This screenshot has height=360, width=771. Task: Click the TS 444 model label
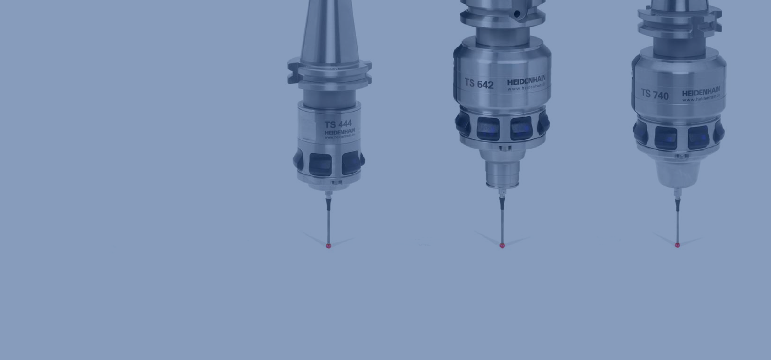(x=338, y=124)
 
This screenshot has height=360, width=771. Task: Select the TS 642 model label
(x=479, y=84)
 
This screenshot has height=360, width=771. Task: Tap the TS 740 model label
(x=654, y=94)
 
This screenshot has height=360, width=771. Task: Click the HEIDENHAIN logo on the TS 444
(x=340, y=132)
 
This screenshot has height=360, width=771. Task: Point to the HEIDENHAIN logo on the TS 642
(x=526, y=80)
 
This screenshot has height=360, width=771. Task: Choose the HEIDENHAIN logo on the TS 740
(x=701, y=92)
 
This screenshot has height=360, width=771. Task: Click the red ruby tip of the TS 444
(x=328, y=246)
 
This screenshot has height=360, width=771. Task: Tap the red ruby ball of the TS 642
(x=502, y=245)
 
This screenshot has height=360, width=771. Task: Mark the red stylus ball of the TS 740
(x=677, y=245)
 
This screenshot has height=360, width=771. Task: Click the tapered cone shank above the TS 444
(x=329, y=31)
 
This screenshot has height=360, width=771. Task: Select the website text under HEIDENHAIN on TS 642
(x=526, y=87)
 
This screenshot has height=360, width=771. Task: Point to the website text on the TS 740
(x=701, y=98)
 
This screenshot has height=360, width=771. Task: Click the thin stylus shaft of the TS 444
(x=328, y=226)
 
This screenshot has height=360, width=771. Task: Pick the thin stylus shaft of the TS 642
(x=502, y=226)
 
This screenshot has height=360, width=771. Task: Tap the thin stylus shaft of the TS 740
(x=677, y=226)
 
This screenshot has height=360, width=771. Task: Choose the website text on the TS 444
(x=340, y=137)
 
